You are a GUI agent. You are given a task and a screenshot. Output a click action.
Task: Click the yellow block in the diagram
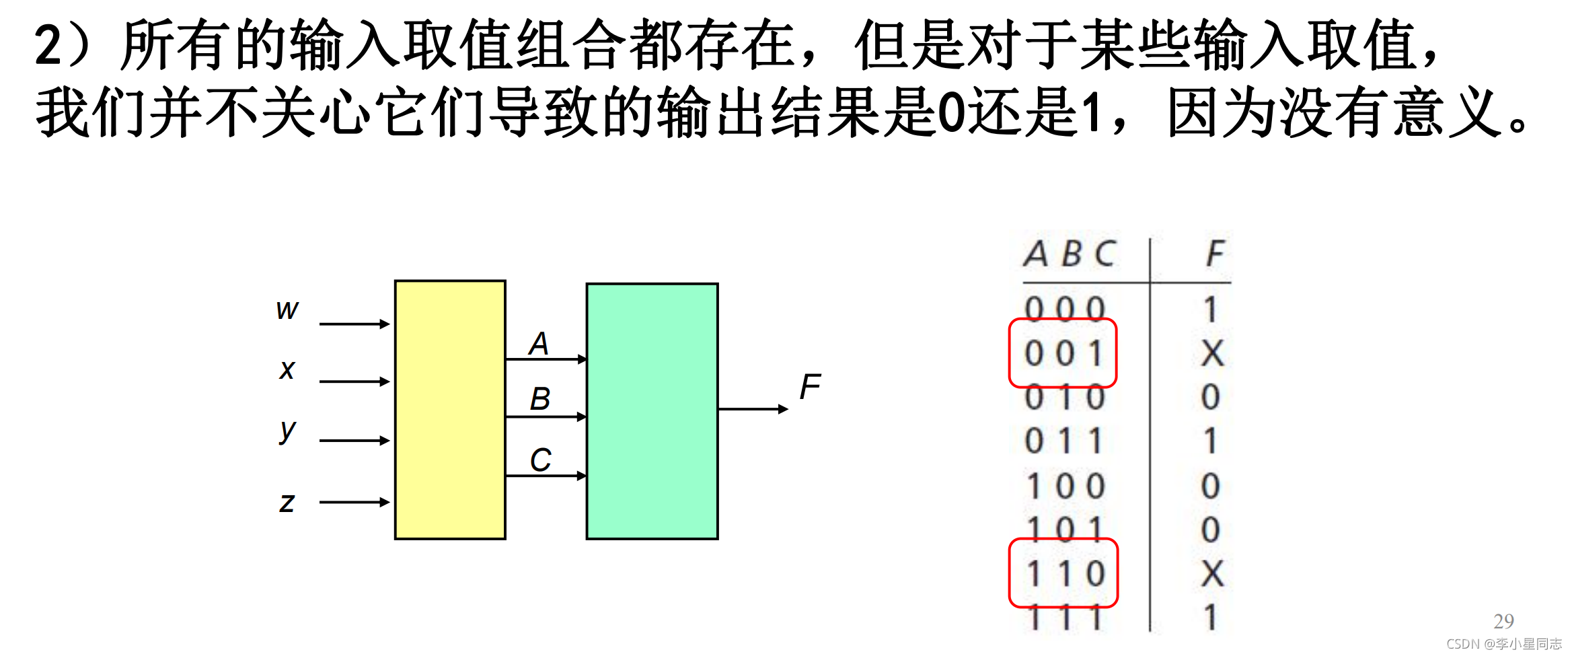(x=450, y=410)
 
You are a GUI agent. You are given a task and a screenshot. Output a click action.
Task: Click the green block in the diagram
(x=652, y=411)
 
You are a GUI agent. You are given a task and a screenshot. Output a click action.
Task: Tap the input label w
(x=287, y=309)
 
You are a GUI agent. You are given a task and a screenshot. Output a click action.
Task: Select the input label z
(x=287, y=502)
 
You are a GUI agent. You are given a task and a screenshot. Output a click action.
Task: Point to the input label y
(x=287, y=431)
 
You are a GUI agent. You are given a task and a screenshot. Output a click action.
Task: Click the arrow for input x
(x=354, y=381)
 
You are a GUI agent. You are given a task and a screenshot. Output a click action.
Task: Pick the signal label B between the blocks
(x=540, y=398)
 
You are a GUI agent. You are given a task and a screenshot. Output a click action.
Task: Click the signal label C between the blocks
(x=540, y=460)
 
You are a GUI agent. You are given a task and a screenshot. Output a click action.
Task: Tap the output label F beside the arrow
(x=810, y=387)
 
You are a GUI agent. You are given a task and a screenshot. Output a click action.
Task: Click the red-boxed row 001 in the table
(x=1063, y=353)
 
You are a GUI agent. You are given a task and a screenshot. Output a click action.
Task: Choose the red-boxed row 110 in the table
(x=1063, y=573)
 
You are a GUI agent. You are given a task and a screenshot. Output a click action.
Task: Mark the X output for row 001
(x=1212, y=353)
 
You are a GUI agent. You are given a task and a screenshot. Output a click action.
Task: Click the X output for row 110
(x=1212, y=574)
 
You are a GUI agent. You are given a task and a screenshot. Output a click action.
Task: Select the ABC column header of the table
(x=1070, y=254)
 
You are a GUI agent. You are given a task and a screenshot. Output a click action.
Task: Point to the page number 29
(x=1503, y=620)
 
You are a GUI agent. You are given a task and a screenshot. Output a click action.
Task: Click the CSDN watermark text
(x=1504, y=644)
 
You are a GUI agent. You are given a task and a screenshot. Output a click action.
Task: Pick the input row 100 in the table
(x=1065, y=486)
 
